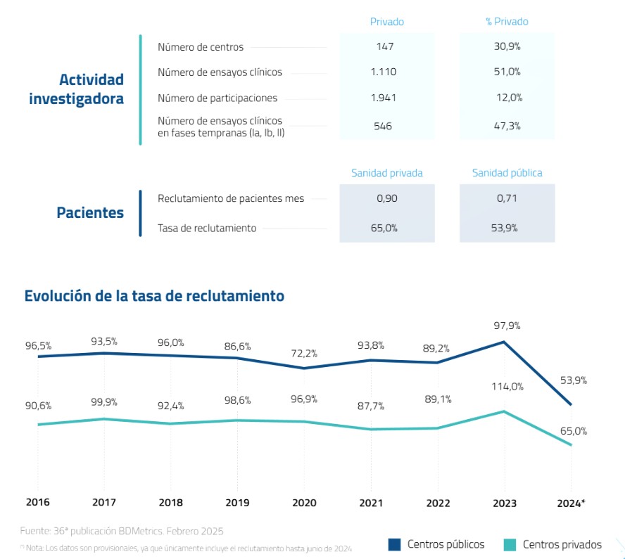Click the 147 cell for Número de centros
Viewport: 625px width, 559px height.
tap(384, 47)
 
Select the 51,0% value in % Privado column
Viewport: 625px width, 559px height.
tap(507, 72)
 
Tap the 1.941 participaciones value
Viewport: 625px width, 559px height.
tap(384, 98)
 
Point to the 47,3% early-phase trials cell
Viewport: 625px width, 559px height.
tap(507, 127)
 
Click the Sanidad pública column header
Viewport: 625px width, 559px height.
tap(507, 173)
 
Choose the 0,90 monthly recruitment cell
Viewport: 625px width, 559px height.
tap(387, 198)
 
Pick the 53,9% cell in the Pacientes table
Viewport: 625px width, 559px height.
tap(507, 228)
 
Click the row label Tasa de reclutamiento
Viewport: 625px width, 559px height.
tap(207, 228)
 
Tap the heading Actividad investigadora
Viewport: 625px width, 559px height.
tap(76, 89)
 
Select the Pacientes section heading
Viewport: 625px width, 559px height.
tap(90, 213)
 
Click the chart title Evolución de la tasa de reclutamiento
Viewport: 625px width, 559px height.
tap(154, 296)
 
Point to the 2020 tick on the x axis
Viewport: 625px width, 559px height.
tap(304, 503)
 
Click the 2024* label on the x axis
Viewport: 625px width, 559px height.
tap(571, 503)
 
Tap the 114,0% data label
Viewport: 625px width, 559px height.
tap(506, 386)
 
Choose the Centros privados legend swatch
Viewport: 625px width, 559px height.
tap(510, 544)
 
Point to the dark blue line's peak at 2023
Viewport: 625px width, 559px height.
tap(504, 342)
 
